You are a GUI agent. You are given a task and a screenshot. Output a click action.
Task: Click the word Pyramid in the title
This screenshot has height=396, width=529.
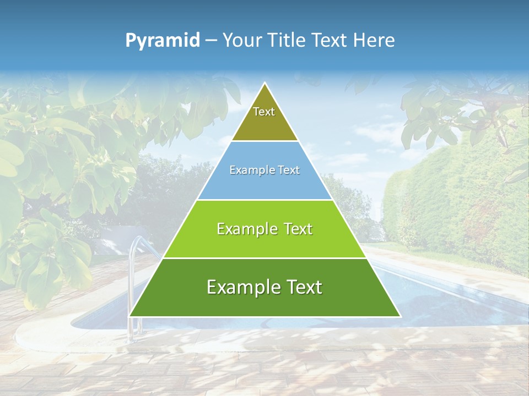(x=163, y=41)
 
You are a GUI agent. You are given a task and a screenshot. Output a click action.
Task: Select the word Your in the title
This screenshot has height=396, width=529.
(x=242, y=41)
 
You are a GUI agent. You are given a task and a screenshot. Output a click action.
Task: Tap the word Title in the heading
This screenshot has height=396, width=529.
(x=287, y=41)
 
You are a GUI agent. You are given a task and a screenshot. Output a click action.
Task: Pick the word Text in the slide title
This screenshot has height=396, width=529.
(x=330, y=41)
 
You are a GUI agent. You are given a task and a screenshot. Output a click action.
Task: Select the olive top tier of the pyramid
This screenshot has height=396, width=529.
(x=264, y=124)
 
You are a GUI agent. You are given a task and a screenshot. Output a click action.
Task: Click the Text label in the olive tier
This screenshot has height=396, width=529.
(x=264, y=112)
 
